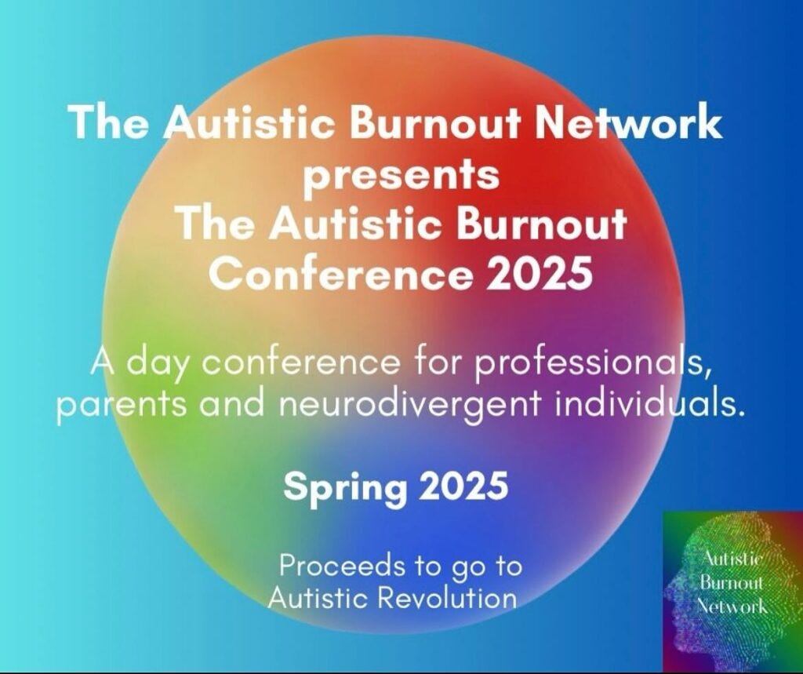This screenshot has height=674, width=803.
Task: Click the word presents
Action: tap(401, 174)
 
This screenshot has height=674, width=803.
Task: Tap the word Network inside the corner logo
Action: tap(732, 606)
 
